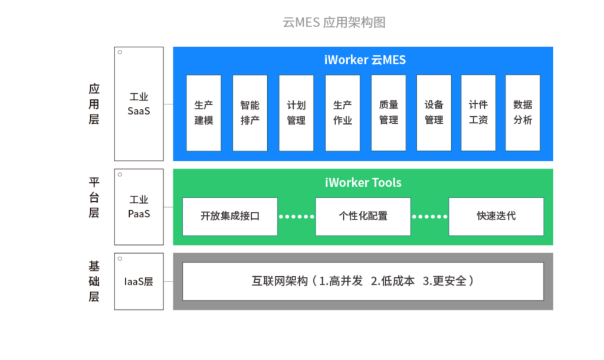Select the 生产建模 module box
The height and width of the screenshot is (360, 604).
[203, 112]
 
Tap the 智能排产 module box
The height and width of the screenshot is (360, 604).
[250, 112]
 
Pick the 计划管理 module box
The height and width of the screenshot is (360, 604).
[296, 112]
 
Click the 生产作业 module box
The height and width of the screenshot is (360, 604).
[342, 112]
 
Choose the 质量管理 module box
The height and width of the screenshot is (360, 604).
[388, 112]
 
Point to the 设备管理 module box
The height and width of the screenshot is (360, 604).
[434, 112]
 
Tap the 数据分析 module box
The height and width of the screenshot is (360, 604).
[523, 112]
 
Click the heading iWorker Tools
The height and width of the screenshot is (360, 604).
[363, 182]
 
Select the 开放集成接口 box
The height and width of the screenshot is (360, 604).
[229, 216]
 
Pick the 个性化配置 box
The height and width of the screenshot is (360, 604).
[363, 216]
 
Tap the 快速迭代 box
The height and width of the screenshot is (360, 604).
[496, 216]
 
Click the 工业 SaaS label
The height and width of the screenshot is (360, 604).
[139, 104]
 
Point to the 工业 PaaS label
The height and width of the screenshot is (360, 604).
[139, 207]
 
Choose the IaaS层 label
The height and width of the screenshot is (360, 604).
[139, 282]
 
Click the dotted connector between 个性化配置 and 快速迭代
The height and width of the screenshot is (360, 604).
[429, 217]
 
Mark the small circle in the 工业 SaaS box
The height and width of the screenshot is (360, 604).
[120, 53]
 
